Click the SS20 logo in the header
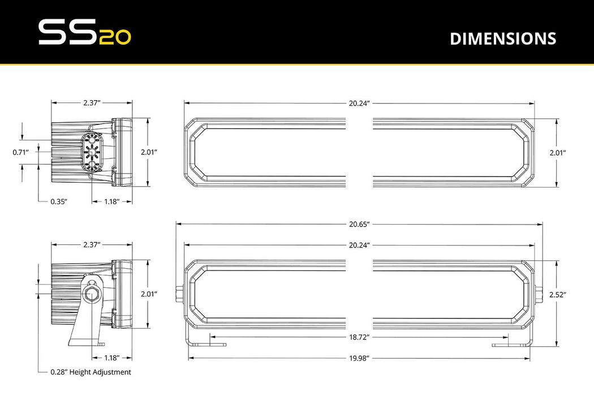click(x=84, y=33)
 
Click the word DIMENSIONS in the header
click(x=502, y=38)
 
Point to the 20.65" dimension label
click(x=359, y=224)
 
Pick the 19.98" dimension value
click(x=359, y=358)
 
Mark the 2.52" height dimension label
click(x=557, y=294)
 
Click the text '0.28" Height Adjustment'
click(x=91, y=372)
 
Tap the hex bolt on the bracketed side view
click(x=91, y=294)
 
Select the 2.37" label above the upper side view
click(x=92, y=103)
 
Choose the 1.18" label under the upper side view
click(x=111, y=201)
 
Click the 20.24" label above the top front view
click(x=359, y=103)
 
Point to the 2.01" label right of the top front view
click(x=557, y=152)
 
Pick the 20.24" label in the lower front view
click(x=359, y=244)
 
